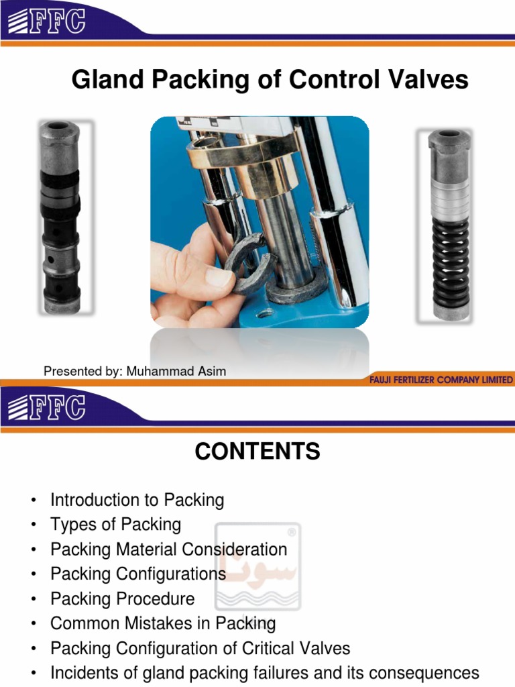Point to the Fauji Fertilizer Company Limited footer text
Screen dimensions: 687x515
[x=441, y=380]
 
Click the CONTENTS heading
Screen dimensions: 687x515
[x=257, y=452]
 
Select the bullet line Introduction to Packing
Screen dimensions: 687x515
[x=137, y=500]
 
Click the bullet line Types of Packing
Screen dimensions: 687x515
[x=115, y=525]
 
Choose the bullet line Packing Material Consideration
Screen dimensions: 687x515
[x=168, y=549]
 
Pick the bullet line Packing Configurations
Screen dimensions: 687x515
[x=138, y=574]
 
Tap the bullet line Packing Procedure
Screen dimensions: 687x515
[x=122, y=599]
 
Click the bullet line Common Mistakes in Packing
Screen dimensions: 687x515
[x=163, y=624]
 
